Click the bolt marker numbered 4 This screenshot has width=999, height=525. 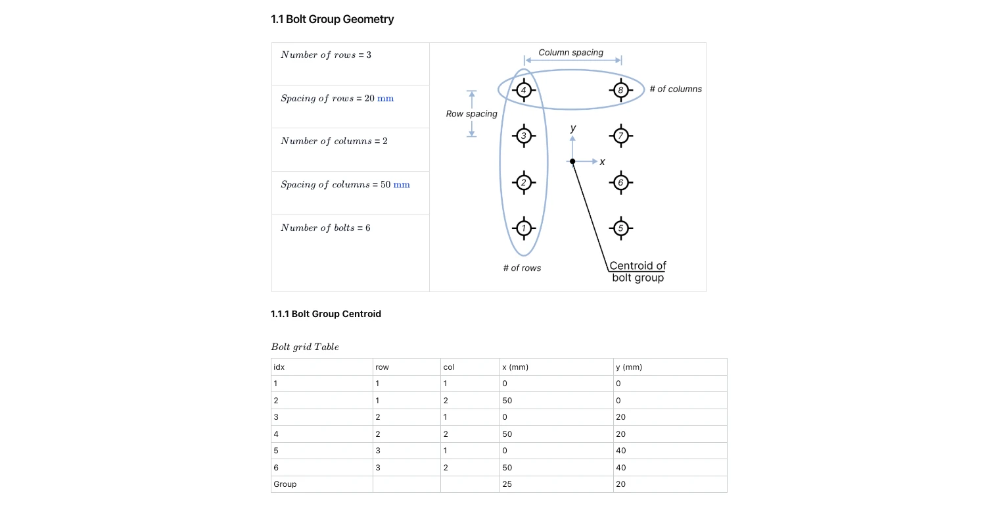click(x=524, y=90)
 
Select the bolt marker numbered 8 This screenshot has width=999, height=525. click(x=620, y=90)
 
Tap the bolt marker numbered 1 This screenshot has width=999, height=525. click(x=524, y=228)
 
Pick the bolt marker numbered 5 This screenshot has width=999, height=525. click(x=620, y=228)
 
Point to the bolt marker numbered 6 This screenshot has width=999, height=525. click(x=620, y=182)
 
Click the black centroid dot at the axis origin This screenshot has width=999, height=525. click(x=572, y=161)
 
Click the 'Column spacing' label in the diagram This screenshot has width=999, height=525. click(x=570, y=53)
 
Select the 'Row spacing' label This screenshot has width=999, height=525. click(x=471, y=114)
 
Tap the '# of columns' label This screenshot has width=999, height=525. click(x=675, y=89)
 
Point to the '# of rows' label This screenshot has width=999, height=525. click(x=522, y=268)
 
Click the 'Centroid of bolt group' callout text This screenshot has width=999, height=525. click(x=638, y=271)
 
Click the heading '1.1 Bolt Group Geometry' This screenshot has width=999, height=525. click(x=332, y=19)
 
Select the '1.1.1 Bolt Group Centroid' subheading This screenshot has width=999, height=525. click(x=325, y=314)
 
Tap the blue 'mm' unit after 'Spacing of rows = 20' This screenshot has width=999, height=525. click(x=385, y=98)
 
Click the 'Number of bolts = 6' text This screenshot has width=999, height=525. click(x=325, y=228)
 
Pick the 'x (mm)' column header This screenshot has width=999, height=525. click(x=515, y=366)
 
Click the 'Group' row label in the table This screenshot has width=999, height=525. click(x=285, y=484)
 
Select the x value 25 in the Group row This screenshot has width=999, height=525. click(x=507, y=484)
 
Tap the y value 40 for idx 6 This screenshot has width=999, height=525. click(x=620, y=467)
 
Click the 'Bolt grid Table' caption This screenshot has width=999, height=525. click(x=305, y=347)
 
